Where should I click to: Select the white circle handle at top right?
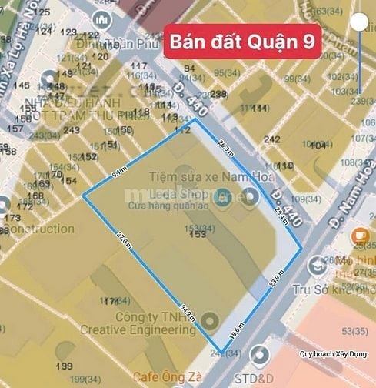click(x=358, y=22)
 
